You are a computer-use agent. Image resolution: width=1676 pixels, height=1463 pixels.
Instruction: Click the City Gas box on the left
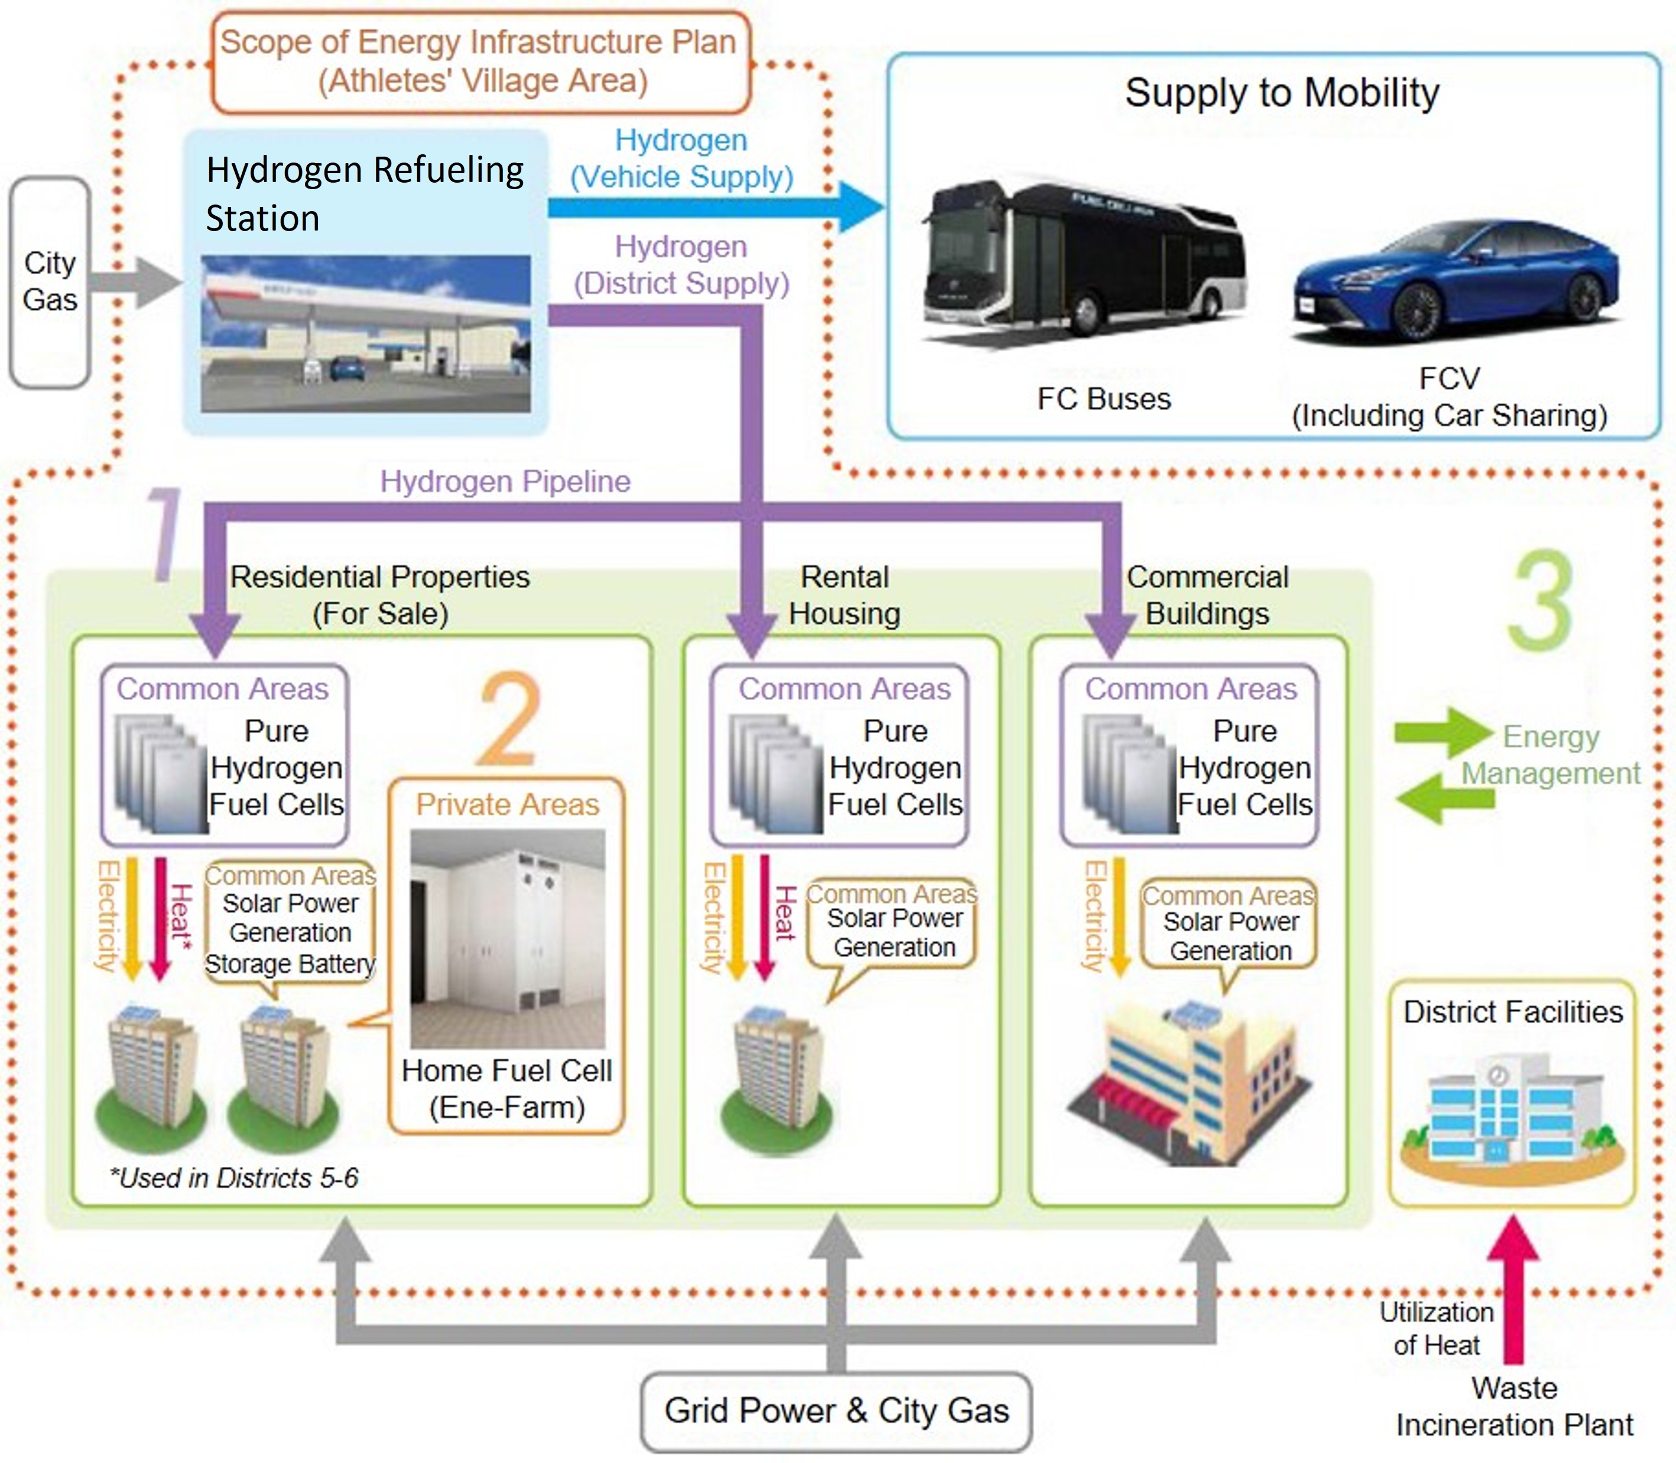pos(50,281)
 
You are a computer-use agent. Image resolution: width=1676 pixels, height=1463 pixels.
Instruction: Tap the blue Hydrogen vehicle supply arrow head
pos(860,206)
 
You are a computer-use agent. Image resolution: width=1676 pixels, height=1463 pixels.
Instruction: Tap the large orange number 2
pos(509,718)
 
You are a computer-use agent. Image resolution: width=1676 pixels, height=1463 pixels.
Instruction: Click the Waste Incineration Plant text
pos(1513,1407)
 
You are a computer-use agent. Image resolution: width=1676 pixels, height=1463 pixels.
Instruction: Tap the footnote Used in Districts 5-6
pos(234,1177)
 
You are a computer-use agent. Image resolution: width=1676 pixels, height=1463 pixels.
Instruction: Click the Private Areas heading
pos(507,804)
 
